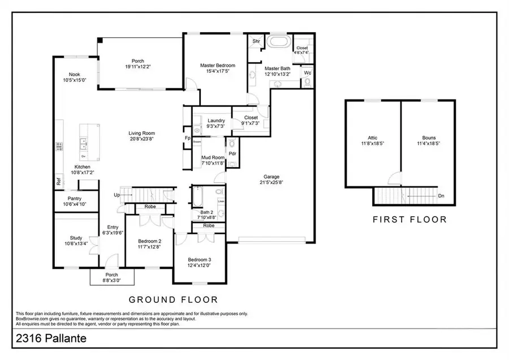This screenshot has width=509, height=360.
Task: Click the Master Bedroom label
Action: [217, 66]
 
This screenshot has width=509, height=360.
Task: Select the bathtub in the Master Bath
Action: [278, 42]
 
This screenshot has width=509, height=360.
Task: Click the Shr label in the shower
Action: [256, 41]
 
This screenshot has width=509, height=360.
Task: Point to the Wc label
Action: [308, 72]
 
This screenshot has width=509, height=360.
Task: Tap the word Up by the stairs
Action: [117, 195]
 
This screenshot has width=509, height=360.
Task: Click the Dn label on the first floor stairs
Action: [441, 196]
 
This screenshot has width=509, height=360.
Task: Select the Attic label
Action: [372, 138]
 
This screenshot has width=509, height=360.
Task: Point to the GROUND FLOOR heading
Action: [173, 299]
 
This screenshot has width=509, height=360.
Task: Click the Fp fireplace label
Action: [187, 138]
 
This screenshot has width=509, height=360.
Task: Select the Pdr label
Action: [232, 153]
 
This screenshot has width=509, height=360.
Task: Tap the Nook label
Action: [75, 75]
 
